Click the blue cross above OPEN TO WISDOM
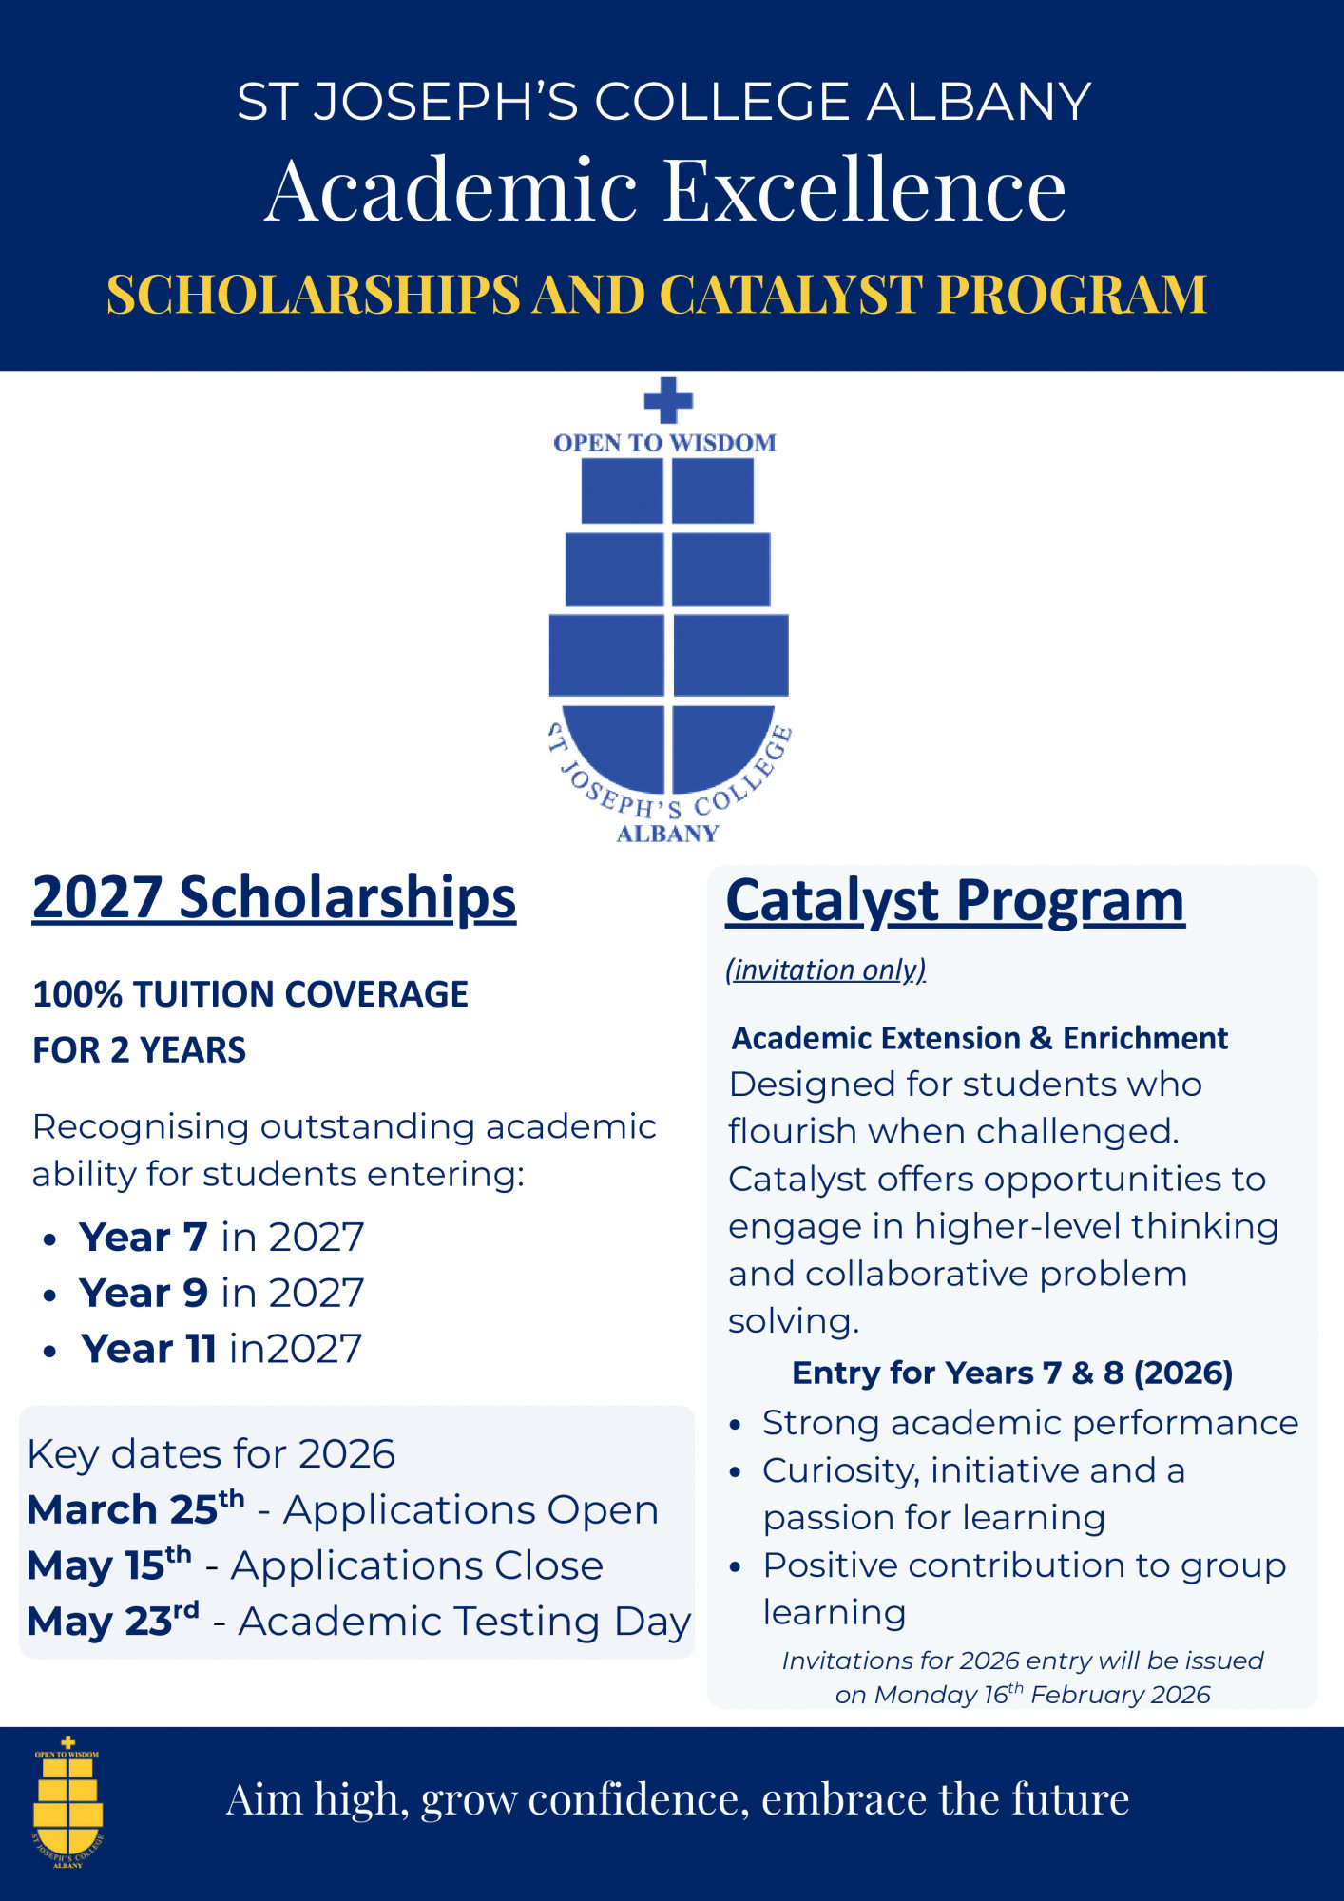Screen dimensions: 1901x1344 coord(668,400)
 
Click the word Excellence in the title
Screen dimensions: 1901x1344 coord(864,190)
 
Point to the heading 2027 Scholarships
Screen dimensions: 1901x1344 coord(274,898)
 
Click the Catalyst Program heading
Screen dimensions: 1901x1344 coord(955,901)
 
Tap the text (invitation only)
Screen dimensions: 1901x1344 coord(825,970)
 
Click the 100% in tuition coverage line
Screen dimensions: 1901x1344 coord(76,994)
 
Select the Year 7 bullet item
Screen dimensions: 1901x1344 coord(221,1238)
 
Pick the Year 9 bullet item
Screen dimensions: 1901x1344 coord(221,1294)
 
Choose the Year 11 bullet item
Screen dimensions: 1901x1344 coord(221,1349)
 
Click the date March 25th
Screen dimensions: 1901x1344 coord(135,1509)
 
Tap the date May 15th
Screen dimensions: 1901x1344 coord(108,1565)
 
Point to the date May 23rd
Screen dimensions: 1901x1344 coord(112,1622)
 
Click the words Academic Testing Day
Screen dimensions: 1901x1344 coord(464,1622)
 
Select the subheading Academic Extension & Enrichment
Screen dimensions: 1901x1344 coord(979,1038)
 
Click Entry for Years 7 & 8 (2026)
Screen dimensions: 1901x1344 coord(1012,1373)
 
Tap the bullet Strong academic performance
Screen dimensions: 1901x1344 coord(1030,1423)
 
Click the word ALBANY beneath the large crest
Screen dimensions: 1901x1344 coord(667,834)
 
